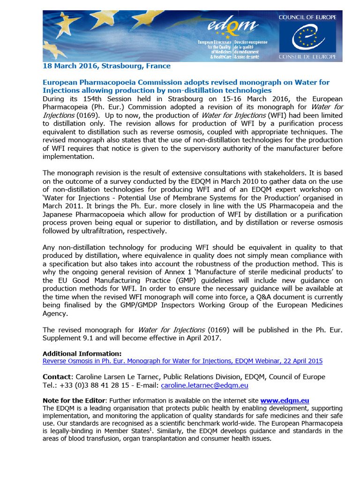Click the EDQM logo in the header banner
click(x=232, y=30)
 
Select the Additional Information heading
click(x=82, y=353)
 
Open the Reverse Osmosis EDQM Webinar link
click(x=182, y=361)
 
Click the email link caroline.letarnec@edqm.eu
click(x=204, y=385)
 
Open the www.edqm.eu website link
click(x=285, y=400)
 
